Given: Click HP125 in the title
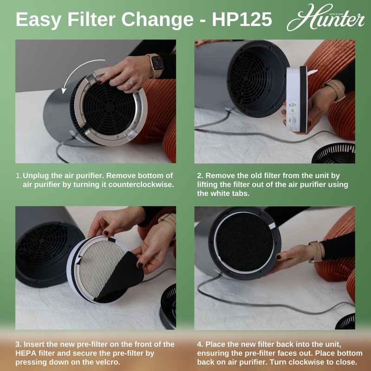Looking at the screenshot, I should [242, 20].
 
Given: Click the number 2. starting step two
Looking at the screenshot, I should [200, 176].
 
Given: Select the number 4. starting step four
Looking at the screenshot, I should [200, 344].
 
